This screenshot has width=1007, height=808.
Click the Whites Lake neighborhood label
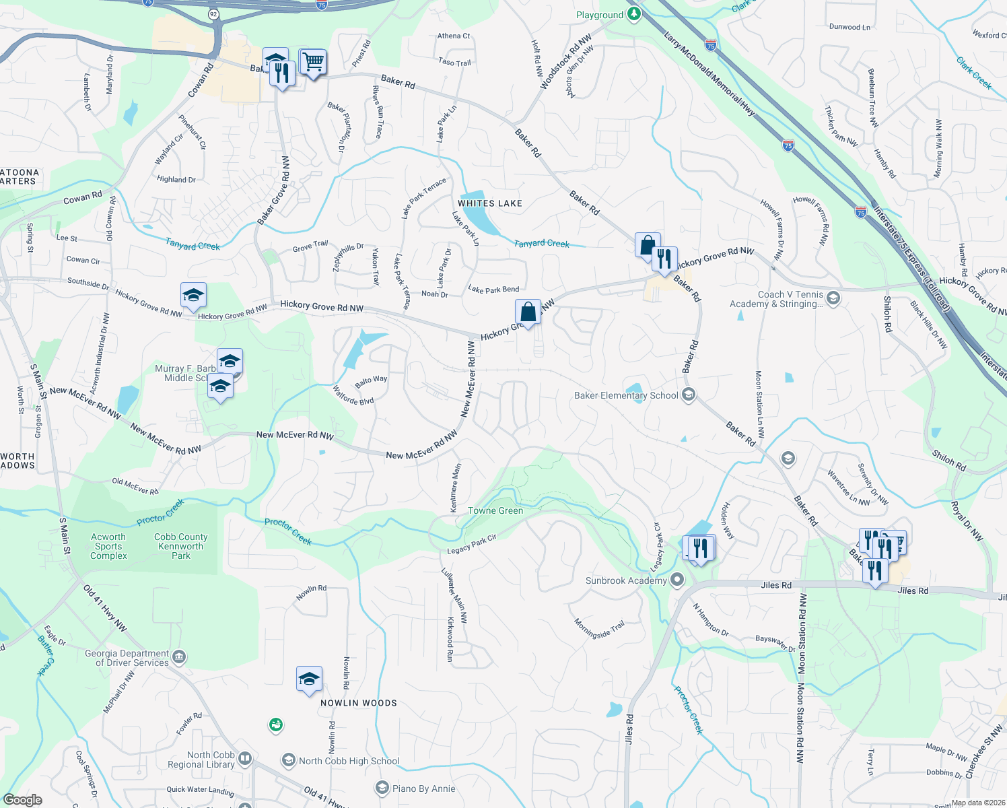click(489, 203)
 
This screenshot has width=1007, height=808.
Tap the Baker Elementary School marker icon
click(688, 395)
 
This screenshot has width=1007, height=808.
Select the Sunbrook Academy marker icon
click(677, 580)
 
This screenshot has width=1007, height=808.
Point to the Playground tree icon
click(633, 14)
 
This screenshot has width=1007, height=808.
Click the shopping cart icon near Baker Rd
click(313, 63)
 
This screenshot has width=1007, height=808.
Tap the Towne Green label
click(495, 510)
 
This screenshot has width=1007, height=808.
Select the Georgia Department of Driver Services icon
click(178, 656)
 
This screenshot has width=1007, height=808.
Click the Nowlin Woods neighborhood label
click(359, 703)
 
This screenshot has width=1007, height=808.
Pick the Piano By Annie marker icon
click(382, 788)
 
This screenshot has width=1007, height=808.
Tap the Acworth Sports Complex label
click(108, 546)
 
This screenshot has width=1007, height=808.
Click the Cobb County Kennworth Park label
click(181, 546)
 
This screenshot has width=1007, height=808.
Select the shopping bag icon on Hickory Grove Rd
click(528, 312)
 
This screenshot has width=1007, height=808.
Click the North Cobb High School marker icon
click(288, 760)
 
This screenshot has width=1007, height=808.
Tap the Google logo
click(22, 800)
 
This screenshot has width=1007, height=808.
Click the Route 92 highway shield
click(213, 13)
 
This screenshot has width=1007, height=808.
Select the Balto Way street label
click(371, 380)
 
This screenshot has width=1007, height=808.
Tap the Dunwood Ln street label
click(849, 27)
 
